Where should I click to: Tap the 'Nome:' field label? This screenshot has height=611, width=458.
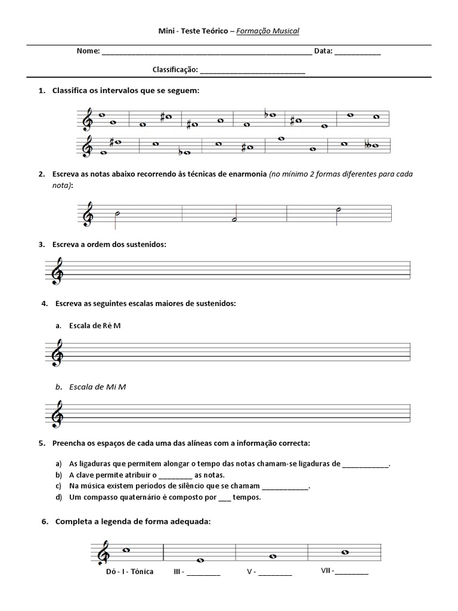tap(88, 51)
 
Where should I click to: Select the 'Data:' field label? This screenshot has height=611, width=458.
tap(323, 51)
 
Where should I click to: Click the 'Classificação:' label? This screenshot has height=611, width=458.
tap(175, 70)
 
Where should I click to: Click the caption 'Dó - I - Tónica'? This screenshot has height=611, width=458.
tap(129, 571)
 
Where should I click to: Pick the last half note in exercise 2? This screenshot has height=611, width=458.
tap(338, 209)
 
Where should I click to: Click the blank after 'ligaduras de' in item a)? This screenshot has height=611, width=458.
tap(366, 463)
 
